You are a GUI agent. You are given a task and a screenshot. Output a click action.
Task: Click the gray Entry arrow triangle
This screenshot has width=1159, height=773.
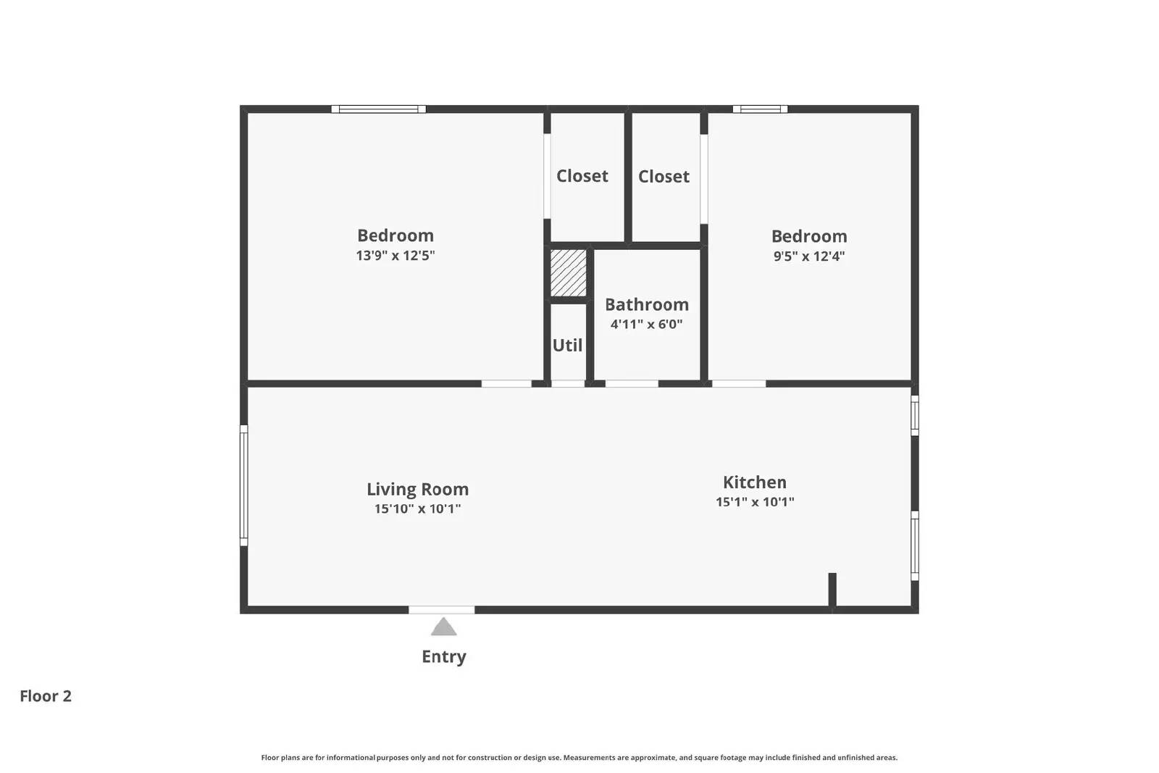coord(443,627)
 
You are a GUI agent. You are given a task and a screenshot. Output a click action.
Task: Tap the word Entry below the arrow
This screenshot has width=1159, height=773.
coord(443,656)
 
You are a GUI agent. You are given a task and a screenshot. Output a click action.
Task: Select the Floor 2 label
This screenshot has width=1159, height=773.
coord(46,696)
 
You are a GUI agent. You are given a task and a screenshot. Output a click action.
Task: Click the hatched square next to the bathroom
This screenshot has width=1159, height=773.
coord(568,273)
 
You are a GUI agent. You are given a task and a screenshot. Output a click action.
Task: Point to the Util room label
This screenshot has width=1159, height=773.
coord(567,346)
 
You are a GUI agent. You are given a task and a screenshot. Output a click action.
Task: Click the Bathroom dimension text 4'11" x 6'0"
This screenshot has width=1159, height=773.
coord(646,325)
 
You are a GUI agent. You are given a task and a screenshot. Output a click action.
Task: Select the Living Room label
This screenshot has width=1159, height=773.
coord(417,489)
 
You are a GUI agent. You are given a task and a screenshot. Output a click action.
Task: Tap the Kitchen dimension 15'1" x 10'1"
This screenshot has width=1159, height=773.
coord(755,502)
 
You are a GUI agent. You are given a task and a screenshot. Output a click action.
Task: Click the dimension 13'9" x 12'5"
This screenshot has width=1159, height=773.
coord(395,256)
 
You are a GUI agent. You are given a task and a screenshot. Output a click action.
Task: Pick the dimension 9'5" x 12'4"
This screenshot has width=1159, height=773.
coord(808,256)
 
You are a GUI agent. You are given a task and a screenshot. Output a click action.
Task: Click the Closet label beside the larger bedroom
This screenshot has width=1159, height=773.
coord(582,176)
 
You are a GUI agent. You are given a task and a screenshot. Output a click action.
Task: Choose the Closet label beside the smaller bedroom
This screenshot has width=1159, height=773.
coord(664,177)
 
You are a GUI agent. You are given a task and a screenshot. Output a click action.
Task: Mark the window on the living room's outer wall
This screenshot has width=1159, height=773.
coord(244,485)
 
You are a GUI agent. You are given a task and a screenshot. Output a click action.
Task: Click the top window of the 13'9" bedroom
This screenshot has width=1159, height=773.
coord(378,109)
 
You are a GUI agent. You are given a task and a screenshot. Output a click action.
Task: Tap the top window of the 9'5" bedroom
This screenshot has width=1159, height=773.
coord(760,109)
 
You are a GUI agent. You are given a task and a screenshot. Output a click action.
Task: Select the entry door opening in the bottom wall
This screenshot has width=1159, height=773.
coord(441,610)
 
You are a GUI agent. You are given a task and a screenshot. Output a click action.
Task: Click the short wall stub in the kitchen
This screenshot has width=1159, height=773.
coord(832,590)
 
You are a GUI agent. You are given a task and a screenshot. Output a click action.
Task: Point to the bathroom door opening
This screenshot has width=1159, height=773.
coord(631,383)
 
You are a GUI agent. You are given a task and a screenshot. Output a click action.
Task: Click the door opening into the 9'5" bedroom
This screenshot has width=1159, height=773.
coord(738,383)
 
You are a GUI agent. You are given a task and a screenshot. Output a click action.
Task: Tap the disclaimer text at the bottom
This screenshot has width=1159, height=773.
coord(579,758)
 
